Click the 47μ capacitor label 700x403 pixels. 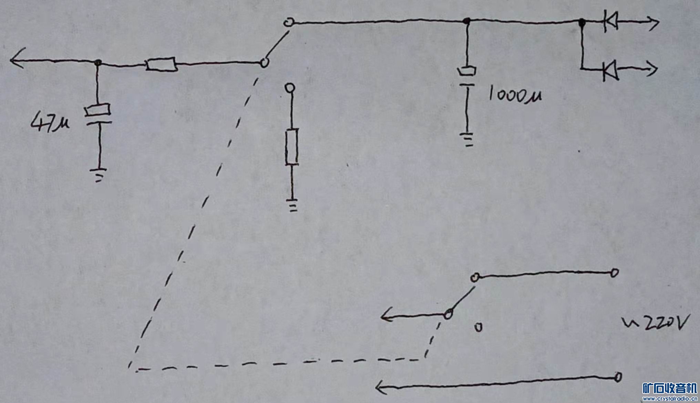click(50, 123)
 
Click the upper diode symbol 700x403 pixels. click(610, 22)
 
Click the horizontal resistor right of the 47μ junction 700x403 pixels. click(161, 64)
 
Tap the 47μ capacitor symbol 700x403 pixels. click(98, 115)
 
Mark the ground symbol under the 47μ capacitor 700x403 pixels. click(99, 174)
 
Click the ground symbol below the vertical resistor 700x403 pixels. click(293, 205)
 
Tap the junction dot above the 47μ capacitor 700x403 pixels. click(98, 63)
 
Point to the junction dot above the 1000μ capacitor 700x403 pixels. click(466, 21)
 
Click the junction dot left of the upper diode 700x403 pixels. click(582, 22)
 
